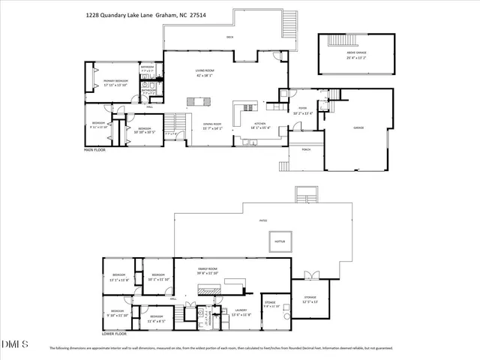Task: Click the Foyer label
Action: (303, 109)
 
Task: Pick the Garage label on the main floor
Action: (358, 128)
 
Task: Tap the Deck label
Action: (231, 37)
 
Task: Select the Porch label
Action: (304, 148)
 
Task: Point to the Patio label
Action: (263, 220)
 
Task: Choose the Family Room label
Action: (208, 270)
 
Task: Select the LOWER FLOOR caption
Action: (114, 334)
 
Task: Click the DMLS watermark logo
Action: (13, 344)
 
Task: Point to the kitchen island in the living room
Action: (200, 100)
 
